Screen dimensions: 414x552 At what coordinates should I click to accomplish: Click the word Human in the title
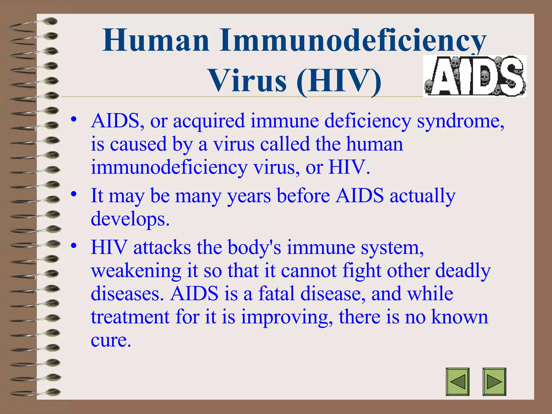(156, 40)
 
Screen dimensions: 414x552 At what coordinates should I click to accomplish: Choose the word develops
(130, 219)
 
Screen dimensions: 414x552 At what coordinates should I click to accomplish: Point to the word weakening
(136, 271)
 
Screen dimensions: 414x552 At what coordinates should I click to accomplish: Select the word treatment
(130, 317)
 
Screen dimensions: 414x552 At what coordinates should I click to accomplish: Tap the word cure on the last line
(111, 340)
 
